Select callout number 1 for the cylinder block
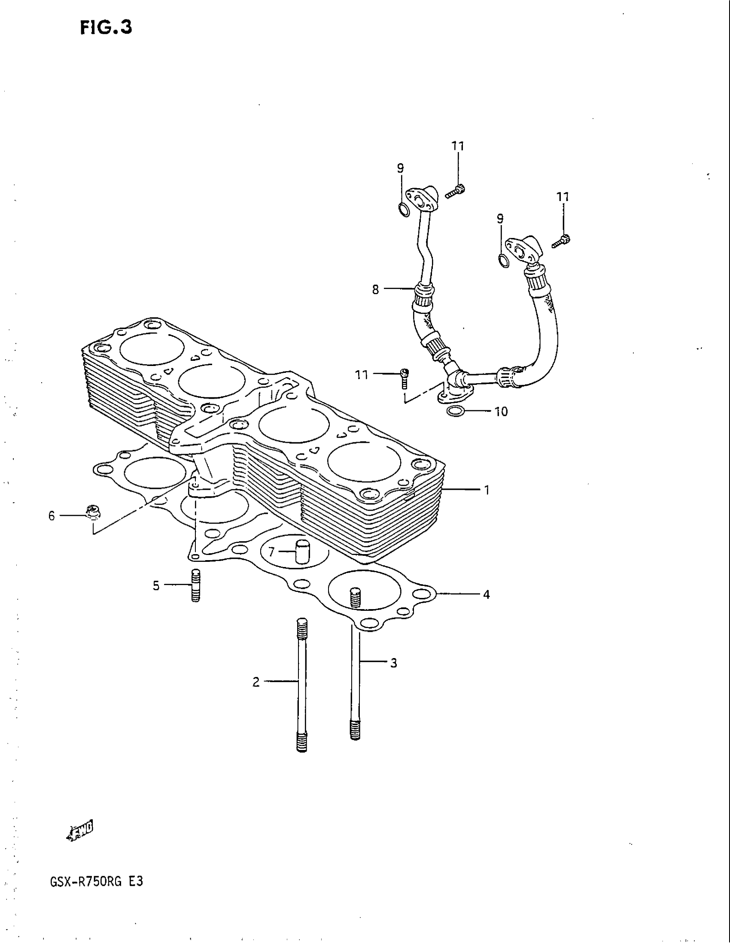(487, 490)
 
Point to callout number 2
(256, 683)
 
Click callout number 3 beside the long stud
(393, 663)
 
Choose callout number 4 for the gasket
(487, 594)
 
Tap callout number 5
(156, 586)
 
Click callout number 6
(52, 516)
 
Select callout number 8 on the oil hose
(375, 289)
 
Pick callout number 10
(501, 412)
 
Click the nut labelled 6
(93, 512)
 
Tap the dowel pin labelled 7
(302, 551)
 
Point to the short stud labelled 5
(195, 585)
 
